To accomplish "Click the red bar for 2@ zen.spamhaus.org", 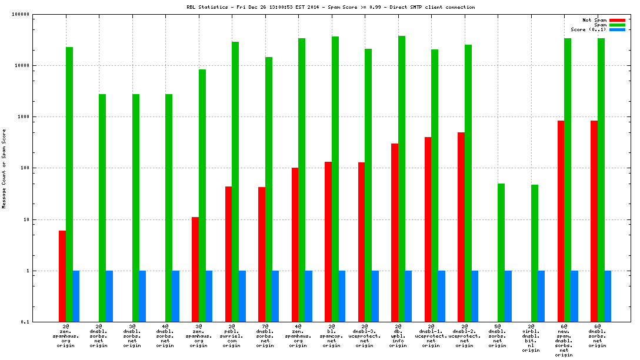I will click(x=62, y=276).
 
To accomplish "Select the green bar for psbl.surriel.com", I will click(x=235, y=182).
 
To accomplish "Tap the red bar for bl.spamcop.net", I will click(x=328, y=242).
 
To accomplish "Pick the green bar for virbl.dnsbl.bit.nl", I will click(x=535, y=253).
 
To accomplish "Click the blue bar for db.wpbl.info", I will click(x=408, y=296).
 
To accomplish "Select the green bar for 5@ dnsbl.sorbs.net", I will click(x=501, y=252).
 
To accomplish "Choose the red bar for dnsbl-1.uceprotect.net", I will click(x=428, y=229).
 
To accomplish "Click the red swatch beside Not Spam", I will click(x=617, y=20).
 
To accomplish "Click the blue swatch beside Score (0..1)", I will click(x=617, y=29).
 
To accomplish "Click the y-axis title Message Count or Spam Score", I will click(x=4, y=169).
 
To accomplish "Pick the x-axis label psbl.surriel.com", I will click(x=232, y=336).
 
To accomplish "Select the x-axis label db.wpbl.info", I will click(x=398, y=336).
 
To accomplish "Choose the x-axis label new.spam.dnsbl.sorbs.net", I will click(x=564, y=340).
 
